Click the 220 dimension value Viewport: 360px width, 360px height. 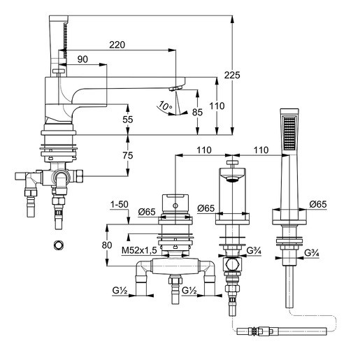click(x=117, y=45)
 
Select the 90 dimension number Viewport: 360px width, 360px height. click(x=82, y=60)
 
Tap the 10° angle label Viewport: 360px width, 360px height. click(x=164, y=106)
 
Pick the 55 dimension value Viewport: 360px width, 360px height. click(x=127, y=120)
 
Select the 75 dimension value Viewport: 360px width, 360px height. click(x=127, y=156)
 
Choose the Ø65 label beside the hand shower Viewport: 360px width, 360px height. click(x=319, y=204)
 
